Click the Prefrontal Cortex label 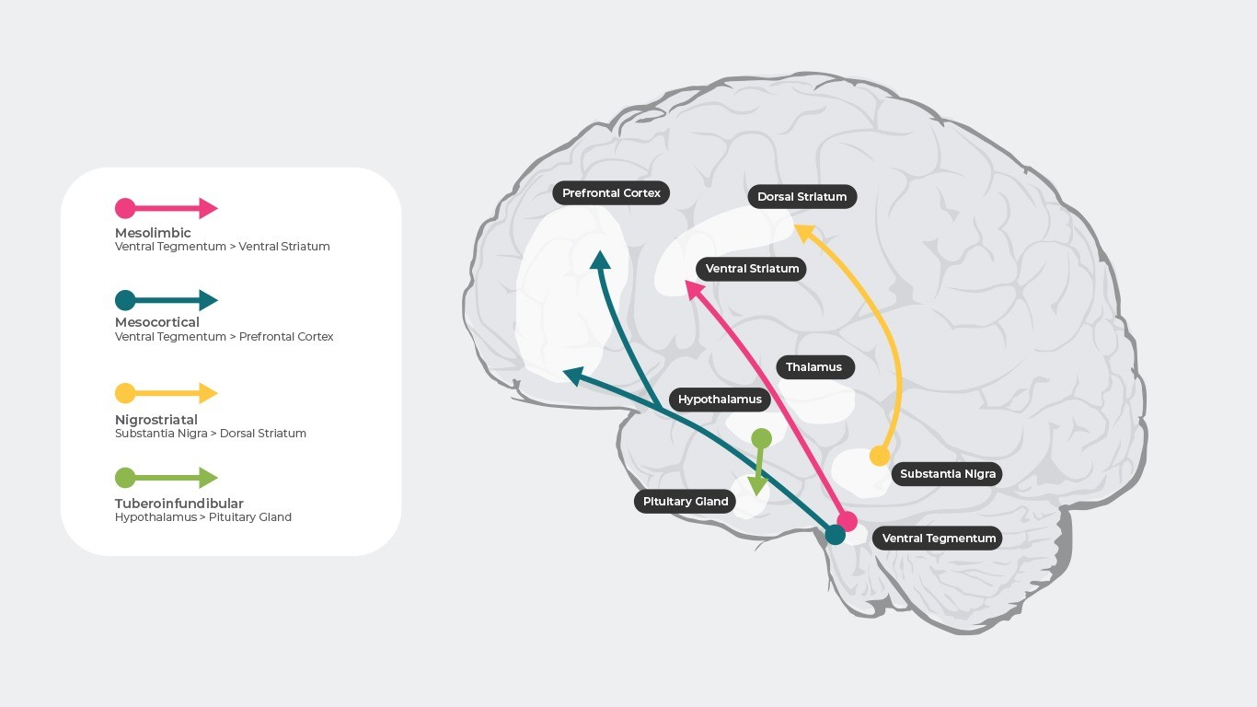(x=611, y=193)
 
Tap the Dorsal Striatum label (x=801, y=196)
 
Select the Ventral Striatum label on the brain (x=752, y=269)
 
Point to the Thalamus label (x=813, y=367)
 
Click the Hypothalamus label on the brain (x=720, y=400)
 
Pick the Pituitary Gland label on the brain (x=686, y=502)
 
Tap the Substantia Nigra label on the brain (x=947, y=474)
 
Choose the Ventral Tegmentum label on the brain (x=939, y=539)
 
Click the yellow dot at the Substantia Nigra (x=880, y=456)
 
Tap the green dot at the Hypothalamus (x=761, y=438)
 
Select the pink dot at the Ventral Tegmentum (x=848, y=521)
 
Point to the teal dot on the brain (x=835, y=534)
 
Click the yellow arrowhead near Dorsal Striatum (x=803, y=232)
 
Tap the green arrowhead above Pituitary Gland (x=758, y=485)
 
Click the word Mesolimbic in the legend (x=153, y=233)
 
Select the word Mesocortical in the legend (x=156, y=322)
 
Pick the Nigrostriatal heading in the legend (x=156, y=420)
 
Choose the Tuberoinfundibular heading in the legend (x=179, y=504)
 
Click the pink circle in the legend (x=125, y=208)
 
